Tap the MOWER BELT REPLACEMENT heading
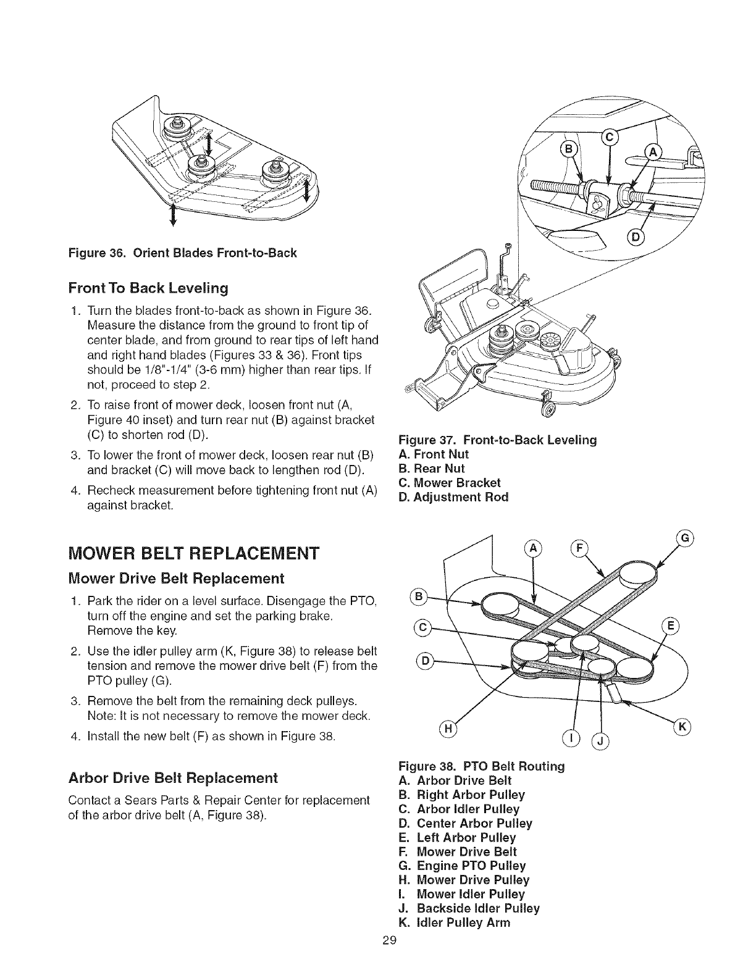click(194, 552)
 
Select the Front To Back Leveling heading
click(148, 288)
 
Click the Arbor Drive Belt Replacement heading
click(174, 777)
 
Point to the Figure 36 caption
click(183, 253)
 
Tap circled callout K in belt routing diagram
click(683, 727)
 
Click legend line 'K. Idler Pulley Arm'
click(455, 922)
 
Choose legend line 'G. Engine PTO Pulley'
click(463, 866)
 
